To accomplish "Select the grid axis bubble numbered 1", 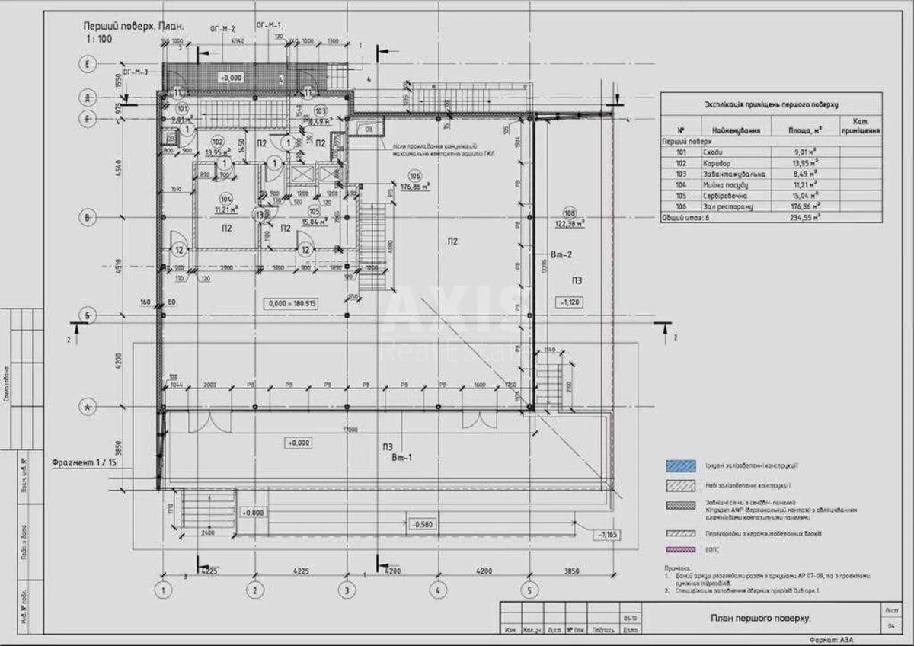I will pyautogui.click(x=162, y=589).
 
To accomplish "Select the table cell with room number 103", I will pyautogui.click(x=671, y=174).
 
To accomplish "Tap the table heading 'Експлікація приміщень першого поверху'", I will pyautogui.click(x=770, y=105).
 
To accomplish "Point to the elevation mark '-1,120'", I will pyautogui.click(x=571, y=302).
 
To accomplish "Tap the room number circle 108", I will pyautogui.click(x=570, y=213).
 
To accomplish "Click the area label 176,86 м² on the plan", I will pyautogui.click(x=415, y=185).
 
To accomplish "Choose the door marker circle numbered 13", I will pyautogui.click(x=261, y=216).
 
